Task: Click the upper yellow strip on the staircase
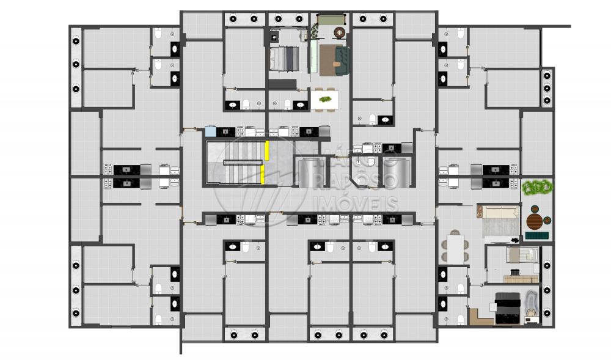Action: tap(267, 151)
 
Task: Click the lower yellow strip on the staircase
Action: tap(263, 174)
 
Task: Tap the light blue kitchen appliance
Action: tap(210, 131)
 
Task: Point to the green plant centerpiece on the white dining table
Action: tap(324, 100)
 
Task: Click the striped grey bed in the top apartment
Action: tap(284, 59)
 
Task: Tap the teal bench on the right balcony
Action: tap(536, 236)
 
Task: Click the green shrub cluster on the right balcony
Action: tap(537, 187)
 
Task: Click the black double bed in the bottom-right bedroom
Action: tap(508, 308)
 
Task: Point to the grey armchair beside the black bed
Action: tap(530, 303)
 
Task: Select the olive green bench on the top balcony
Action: tap(331, 19)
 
